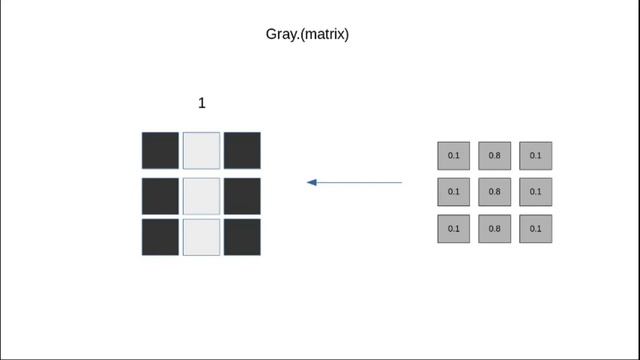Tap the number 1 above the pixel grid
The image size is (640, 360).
click(x=201, y=103)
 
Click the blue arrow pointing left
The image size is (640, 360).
click(x=354, y=182)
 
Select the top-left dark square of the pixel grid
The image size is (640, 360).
click(x=160, y=150)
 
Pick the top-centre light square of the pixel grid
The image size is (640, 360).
click(x=201, y=150)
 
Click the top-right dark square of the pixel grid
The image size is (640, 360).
click(x=242, y=150)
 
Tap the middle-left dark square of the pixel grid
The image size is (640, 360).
click(x=160, y=195)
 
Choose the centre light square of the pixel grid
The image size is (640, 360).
click(x=201, y=195)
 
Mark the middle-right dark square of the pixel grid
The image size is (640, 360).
click(x=242, y=195)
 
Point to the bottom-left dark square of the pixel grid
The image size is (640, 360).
click(x=160, y=237)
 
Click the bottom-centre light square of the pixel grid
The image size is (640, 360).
click(x=201, y=237)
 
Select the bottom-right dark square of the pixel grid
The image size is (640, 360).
click(x=242, y=237)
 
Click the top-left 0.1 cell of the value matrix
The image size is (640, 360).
click(x=453, y=156)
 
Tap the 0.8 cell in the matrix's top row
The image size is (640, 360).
click(x=494, y=156)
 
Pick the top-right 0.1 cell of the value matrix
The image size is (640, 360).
click(x=536, y=156)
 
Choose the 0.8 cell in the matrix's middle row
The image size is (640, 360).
click(x=494, y=192)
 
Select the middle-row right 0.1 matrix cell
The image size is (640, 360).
click(x=536, y=192)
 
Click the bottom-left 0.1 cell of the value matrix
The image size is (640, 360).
click(x=453, y=229)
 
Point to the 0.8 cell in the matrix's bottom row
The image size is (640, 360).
click(x=494, y=229)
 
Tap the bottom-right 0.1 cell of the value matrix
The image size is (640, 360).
click(x=536, y=229)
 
